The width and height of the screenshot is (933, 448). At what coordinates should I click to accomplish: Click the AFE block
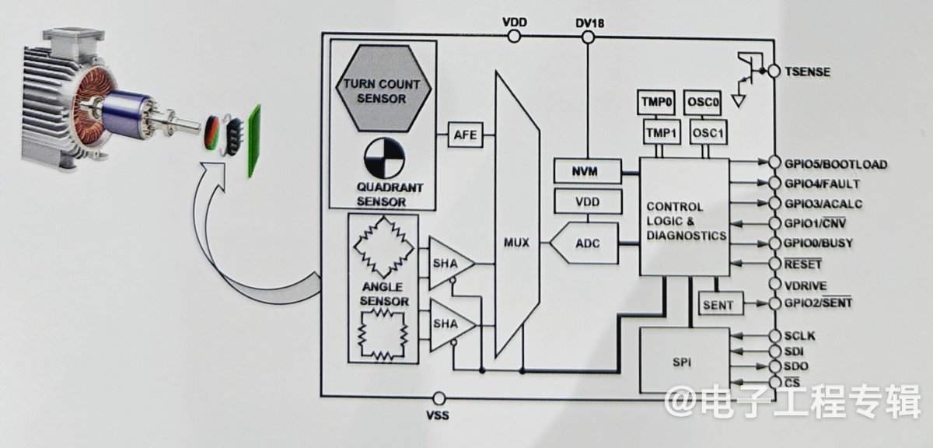466,135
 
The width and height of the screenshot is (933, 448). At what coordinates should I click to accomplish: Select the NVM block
587,171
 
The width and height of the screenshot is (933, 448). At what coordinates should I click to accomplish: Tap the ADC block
584,243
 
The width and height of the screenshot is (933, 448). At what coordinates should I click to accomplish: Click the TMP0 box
656,102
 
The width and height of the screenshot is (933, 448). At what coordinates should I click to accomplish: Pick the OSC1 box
708,132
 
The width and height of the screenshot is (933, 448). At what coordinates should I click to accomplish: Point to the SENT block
721,305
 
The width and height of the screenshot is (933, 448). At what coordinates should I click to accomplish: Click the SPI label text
682,362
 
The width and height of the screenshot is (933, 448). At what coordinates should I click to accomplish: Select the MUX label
516,242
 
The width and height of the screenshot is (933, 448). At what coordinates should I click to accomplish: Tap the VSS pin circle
439,398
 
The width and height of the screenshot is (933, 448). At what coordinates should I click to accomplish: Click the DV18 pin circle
588,37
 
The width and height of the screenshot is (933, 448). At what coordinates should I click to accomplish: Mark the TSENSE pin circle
774,72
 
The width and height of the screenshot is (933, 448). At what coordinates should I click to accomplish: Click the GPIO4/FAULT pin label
822,184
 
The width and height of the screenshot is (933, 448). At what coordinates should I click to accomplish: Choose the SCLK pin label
799,335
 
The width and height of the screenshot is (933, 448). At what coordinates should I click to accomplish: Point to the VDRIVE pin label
805,285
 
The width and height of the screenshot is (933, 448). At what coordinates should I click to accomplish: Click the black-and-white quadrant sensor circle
384,159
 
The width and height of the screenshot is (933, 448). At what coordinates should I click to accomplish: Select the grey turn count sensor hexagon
383,89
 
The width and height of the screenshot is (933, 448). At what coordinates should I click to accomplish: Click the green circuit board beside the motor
254,141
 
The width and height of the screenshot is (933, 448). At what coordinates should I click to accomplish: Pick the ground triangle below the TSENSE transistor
739,101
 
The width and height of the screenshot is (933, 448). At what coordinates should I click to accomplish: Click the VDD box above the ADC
588,201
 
